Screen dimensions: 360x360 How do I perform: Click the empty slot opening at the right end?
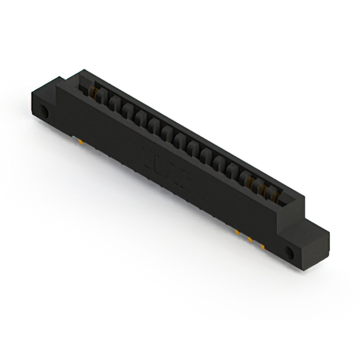284,200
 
